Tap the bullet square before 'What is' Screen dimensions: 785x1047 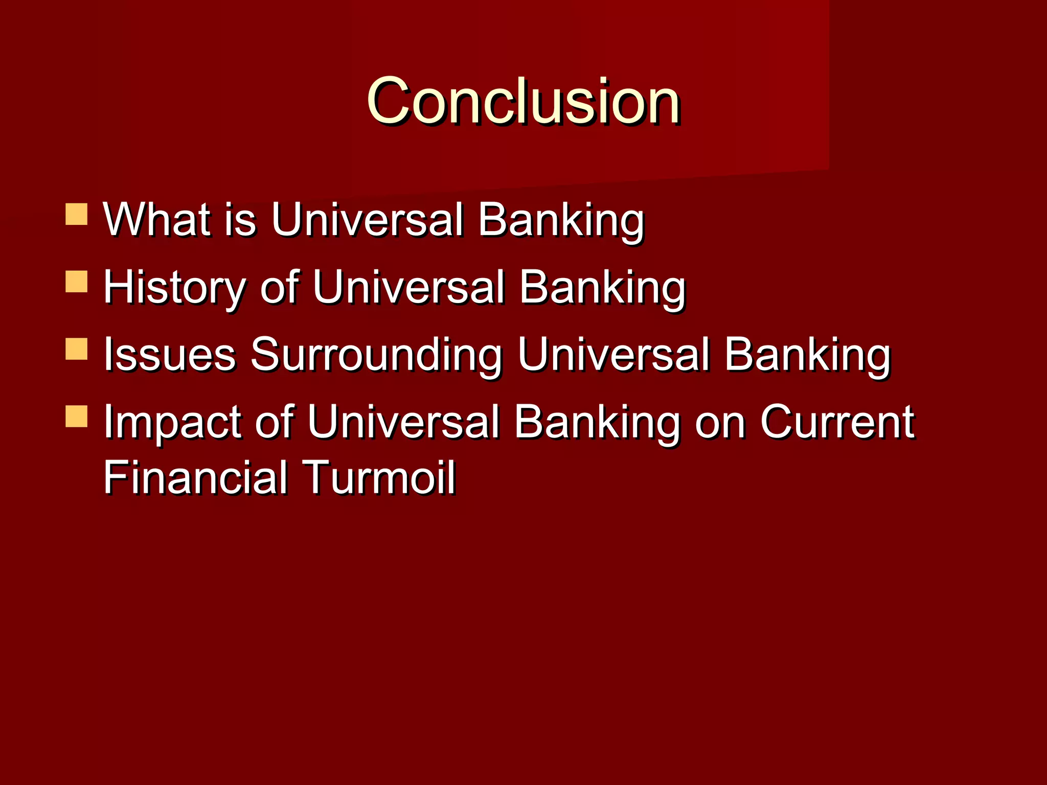[77, 215]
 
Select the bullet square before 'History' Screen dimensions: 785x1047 [77, 282]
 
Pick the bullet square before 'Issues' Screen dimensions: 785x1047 [77, 349]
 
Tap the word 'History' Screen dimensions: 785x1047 [174, 288]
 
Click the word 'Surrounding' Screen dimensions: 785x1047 [376, 355]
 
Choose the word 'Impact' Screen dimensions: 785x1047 [172, 423]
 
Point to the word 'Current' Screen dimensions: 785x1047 [837, 422]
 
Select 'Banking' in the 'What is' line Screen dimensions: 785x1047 [561, 221]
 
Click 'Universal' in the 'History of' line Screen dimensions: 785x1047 [409, 287]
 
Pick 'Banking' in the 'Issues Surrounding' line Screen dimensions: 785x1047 [807, 355]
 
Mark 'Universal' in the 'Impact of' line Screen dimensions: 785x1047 [403, 422]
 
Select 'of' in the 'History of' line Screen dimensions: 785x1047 [279, 287]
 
